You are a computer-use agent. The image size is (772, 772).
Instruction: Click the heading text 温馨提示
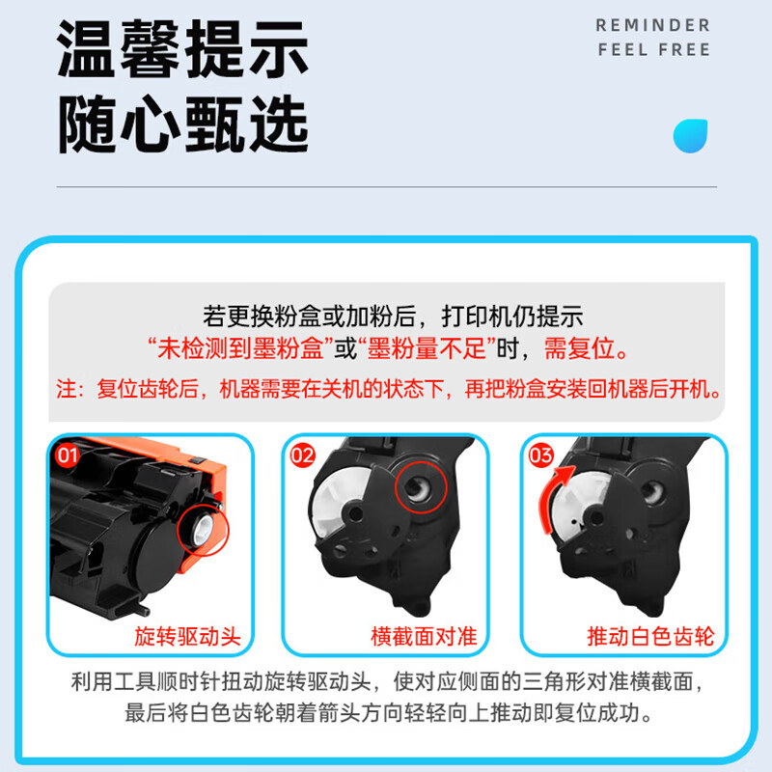[183, 49]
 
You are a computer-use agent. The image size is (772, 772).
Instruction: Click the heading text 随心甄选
[183, 124]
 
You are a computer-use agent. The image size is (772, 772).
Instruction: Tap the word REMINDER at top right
[652, 24]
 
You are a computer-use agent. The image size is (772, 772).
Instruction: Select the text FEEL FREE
[653, 49]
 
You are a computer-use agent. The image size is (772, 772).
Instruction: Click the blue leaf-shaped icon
[690, 135]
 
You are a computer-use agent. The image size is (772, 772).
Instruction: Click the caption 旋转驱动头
[187, 637]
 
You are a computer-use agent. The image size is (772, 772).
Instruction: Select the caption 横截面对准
[425, 637]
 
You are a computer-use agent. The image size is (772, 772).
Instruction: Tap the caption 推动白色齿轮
[650, 637]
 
